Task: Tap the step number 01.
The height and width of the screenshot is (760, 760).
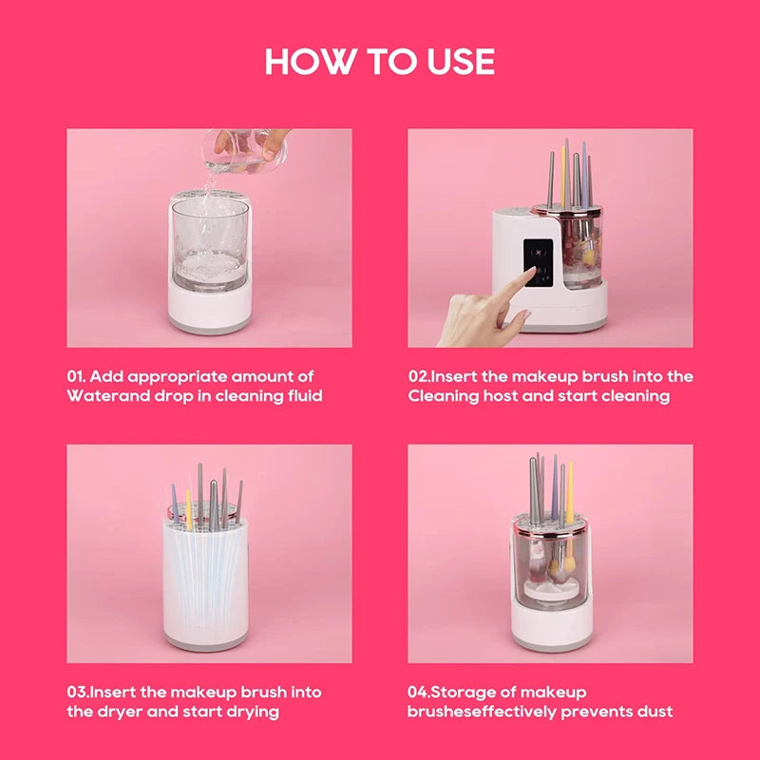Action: (x=79, y=376)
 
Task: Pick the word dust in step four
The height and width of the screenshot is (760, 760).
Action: (x=655, y=712)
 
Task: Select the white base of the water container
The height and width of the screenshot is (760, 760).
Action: (x=209, y=302)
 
